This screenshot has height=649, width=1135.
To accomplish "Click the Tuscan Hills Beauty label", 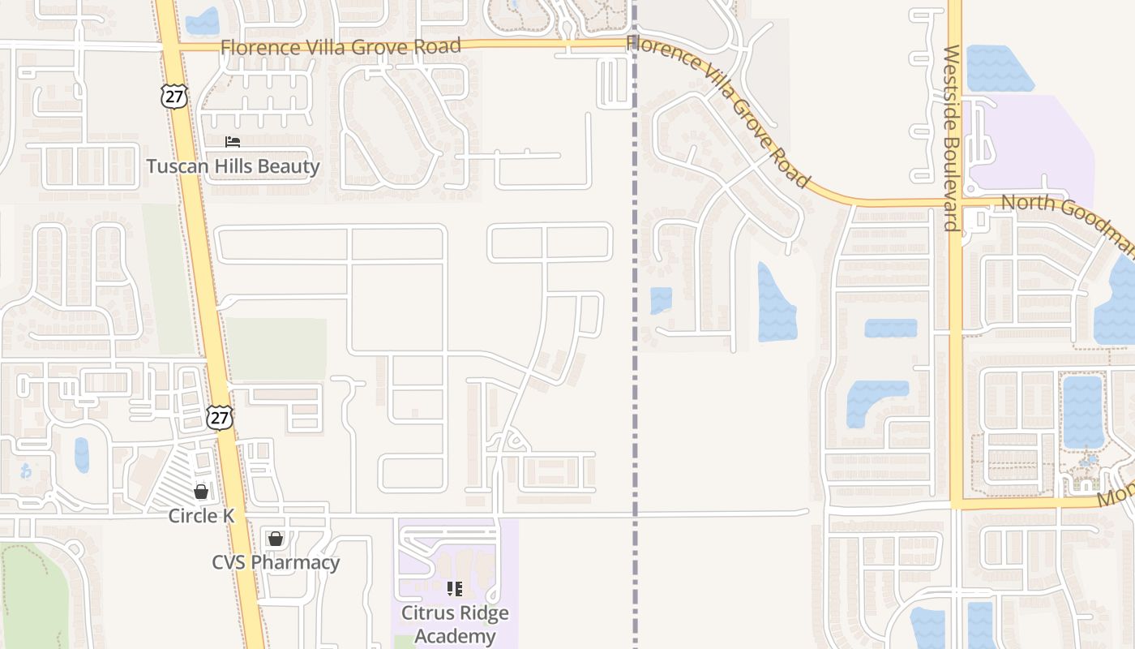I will tap(233, 167).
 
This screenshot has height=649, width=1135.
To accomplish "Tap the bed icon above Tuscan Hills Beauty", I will tap(233, 142).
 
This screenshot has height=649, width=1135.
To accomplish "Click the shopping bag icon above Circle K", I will tap(201, 491).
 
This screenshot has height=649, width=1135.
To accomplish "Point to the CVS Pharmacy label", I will tap(276, 562).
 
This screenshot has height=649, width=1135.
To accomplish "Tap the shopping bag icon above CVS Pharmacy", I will tap(276, 538).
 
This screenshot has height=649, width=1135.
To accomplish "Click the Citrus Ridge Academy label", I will tap(455, 624).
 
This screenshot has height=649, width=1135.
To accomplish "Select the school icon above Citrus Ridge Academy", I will tap(455, 588).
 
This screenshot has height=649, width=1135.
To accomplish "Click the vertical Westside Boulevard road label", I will tap(952, 138).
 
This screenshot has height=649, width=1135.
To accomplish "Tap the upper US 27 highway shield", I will tap(173, 96).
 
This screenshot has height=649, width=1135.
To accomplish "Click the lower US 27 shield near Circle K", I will tap(219, 417).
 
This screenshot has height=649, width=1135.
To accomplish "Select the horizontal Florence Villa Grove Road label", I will tap(340, 47).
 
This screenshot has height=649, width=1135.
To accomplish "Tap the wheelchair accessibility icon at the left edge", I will tap(26, 470).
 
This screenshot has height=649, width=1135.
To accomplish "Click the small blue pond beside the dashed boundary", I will tap(661, 300).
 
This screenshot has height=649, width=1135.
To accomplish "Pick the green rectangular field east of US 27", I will tap(276, 349).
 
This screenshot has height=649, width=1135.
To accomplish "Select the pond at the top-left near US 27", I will tap(202, 21).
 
